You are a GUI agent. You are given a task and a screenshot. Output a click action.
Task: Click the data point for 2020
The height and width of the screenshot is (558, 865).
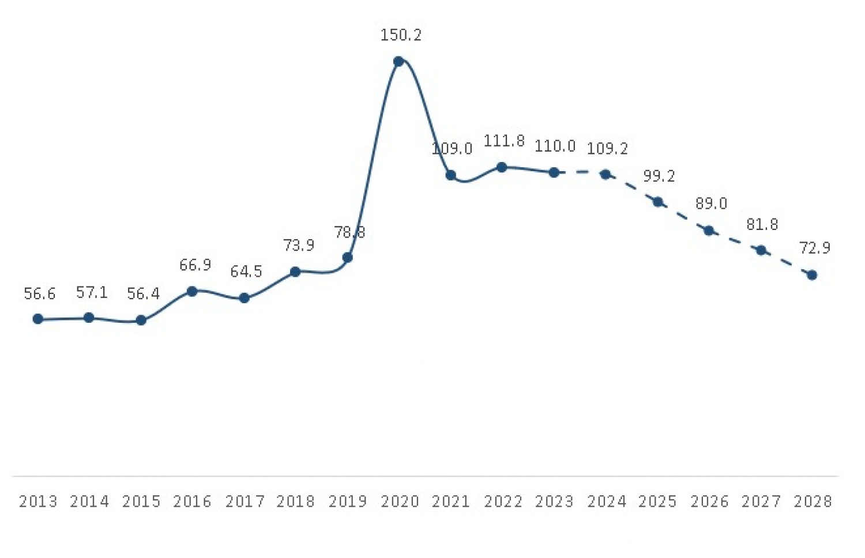pyautogui.click(x=398, y=61)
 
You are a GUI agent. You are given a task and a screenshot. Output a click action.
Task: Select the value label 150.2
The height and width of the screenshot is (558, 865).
pyautogui.click(x=401, y=35)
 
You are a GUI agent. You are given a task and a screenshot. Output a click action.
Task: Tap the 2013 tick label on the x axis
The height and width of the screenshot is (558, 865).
pyautogui.click(x=38, y=502)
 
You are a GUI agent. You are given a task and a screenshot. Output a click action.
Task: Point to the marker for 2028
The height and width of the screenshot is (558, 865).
pyautogui.click(x=812, y=275)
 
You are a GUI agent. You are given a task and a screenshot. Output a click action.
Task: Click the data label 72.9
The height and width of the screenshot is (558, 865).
pyautogui.click(x=815, y=248)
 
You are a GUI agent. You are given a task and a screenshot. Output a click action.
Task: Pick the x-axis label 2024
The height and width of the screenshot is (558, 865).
pyautogui.click(x=607, y=502)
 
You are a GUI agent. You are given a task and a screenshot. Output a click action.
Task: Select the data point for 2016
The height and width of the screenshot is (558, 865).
pyautogui.click(x=193, y=291)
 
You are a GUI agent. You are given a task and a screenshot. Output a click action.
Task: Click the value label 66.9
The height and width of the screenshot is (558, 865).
pyautogui.click(x=195, y=265)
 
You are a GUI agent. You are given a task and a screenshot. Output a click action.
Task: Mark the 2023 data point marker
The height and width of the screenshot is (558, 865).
pyautogui.click(x=554, y=172)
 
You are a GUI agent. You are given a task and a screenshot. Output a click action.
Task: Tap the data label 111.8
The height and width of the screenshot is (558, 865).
pyautogui.click(x=504, y=141)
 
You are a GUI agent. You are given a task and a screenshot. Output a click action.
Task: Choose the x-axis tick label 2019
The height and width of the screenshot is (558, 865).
pyautogui.click(x=348, y=502)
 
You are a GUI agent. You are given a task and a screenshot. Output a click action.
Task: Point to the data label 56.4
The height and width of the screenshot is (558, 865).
pyautogui.click(x=143, y=294)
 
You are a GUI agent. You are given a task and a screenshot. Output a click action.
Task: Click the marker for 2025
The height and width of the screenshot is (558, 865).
pyautogui.click(x=657, y=202)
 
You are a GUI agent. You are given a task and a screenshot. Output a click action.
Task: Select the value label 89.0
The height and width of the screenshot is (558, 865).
pyautogui.click(x=711, y=203)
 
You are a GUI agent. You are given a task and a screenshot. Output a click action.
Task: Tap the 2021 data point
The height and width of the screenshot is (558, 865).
pyautogui.click(x=451, y=175)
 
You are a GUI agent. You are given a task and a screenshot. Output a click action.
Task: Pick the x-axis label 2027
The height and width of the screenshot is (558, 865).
pyautogui.click(x=761, y=502)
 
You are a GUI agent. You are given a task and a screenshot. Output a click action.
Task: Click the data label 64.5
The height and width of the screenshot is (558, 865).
pyautogui.click(x=246, y=272)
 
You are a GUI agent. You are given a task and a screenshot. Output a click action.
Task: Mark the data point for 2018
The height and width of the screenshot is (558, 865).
pyautogui.click(x=295, y=272)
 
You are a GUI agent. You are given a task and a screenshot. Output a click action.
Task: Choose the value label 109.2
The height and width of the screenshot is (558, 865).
pyautogui.click(x=607, y=149)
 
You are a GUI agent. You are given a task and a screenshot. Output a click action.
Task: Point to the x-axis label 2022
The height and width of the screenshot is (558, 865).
pyautogui.click(x=503, y=502)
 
